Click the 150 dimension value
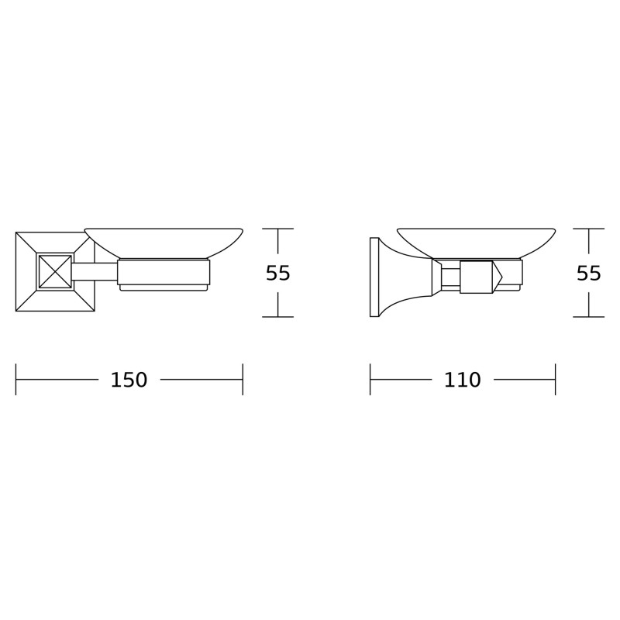(129, 380)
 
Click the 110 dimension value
(462, 380)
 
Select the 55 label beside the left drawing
(278, 273)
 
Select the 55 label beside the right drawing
(589, 273)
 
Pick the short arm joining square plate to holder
(95, 272)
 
